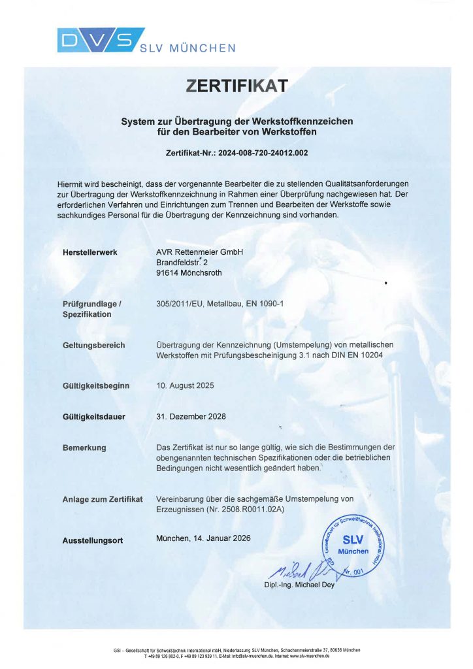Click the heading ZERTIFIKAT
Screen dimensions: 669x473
pyautogui.click(x=236, y=86)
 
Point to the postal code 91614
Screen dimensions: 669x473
pyautogui.click(x=168, y=274)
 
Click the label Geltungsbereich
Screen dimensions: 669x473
pyautogui.click(x=93, y=345)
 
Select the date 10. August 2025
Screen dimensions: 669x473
pyautogui.click(x=186, y=385)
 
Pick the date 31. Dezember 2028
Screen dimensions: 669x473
pyautogui.click(x=189, y=416)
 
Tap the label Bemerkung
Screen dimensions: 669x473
pyautogui.click(x=84, y=448)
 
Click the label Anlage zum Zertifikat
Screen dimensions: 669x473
pyautogui.click(x=103, y=499)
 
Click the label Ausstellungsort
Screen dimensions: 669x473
pyautogui.click(x=92, y=540)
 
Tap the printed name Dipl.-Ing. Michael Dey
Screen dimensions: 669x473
pyautogui.click(x=299, y=585)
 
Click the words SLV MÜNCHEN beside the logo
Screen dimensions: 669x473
pyautogui.click(x=187, y=48)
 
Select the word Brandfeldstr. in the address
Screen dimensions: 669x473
pyautogui.click(x=180, y=263)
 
